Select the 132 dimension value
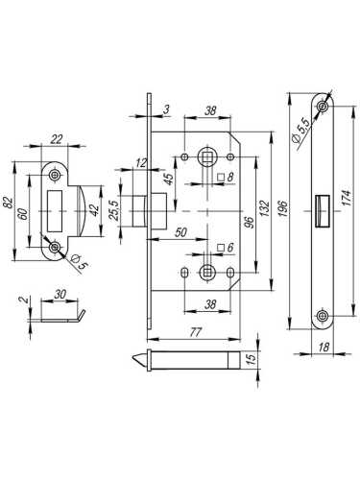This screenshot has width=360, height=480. click(260, 210)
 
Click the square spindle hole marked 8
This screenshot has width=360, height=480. click(206, 155)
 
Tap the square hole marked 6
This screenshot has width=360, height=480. click(206, 273)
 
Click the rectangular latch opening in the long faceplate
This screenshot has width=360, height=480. click(320, 207)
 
